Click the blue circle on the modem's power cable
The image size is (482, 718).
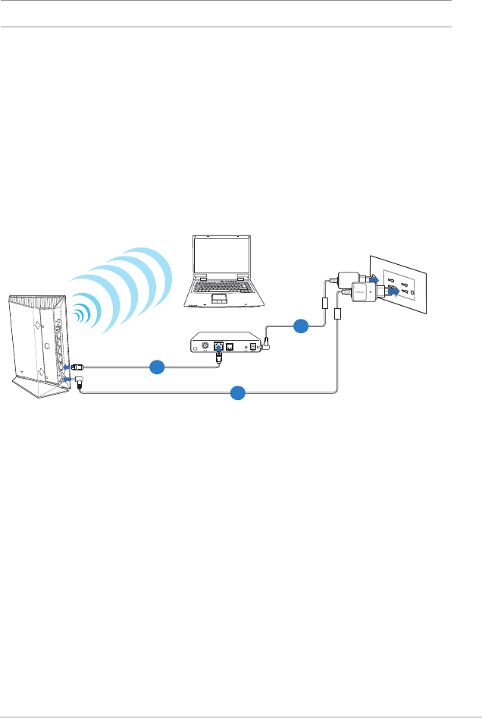coord(301,327)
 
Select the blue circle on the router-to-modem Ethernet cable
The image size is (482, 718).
coord(157,366)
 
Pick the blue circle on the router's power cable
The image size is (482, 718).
coord(238,392)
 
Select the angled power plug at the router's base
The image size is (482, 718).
coord(78,383)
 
